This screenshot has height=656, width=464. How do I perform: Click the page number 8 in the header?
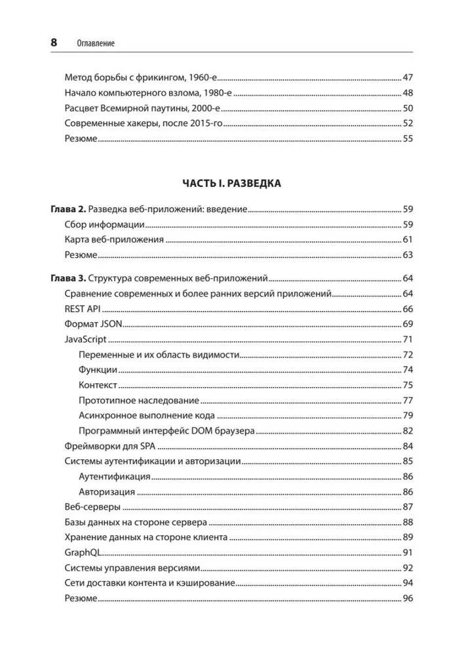tap(54, 43)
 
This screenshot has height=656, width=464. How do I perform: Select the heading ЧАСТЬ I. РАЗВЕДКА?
tap(231, 183)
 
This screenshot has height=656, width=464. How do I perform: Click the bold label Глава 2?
tap(68, 210)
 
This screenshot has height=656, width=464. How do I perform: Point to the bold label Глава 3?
tap(68, 277)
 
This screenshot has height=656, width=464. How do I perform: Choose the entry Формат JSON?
tap(93, 323)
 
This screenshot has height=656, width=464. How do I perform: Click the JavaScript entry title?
tap(86, 339)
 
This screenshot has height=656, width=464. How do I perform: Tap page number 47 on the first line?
tap(407, 76)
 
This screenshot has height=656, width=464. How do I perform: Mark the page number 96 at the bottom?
tap(407, 598)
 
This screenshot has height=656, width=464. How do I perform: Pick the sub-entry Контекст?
tap(97, 385)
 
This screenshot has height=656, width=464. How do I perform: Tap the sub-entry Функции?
tap(97, 370)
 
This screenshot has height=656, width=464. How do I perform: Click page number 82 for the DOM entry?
tap(407, 431)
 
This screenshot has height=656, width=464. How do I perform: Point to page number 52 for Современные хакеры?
tap(407, 123)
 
